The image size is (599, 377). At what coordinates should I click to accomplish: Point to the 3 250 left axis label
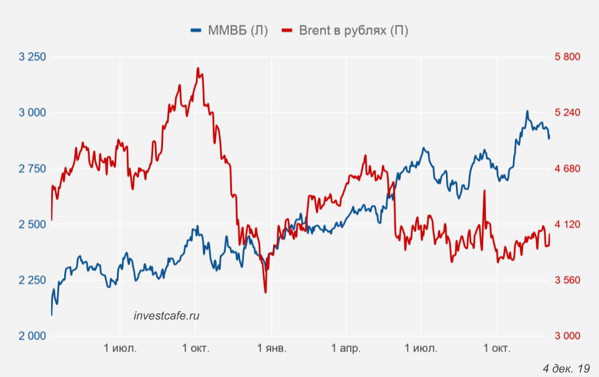tap(33, 57)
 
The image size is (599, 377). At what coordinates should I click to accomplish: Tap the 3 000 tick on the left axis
tap(33, 112)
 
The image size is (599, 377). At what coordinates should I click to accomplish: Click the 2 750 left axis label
tap(33, 169)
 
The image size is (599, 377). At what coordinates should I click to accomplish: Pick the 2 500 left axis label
tap(33, 224)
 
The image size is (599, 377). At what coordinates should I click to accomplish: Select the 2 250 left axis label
tap(33, 280)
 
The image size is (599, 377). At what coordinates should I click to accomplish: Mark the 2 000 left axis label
tap(33, 336)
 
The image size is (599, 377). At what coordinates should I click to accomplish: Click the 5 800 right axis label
tap(567, 57)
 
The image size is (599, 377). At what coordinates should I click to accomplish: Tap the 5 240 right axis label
tap(567, 112)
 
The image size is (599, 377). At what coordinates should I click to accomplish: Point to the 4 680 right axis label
tap(567, 169)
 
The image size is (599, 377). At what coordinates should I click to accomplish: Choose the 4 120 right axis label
tap(567, 224)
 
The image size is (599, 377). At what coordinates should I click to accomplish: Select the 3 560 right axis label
tap(567, 280)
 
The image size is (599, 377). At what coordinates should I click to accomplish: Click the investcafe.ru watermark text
tap(167, 316)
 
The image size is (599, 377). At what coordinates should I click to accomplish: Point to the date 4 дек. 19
tap(565, 368)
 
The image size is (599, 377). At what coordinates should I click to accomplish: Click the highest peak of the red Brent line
tap(198, 68)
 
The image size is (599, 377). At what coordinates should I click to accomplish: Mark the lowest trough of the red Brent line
tap(266, 292)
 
